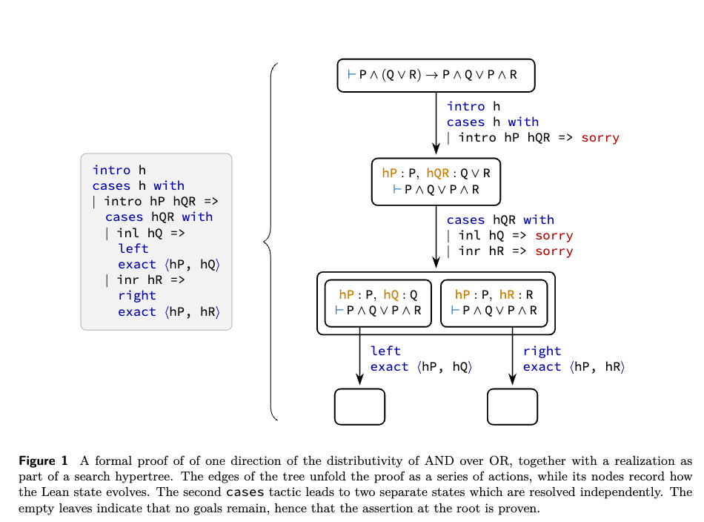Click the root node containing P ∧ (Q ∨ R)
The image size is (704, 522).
436,75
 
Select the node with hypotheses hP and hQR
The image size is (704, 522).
436,182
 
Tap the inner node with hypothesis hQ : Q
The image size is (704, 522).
378,303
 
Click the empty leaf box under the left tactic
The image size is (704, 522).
359,406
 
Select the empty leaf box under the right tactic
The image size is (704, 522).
512,406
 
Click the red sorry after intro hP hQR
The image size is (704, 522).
600,138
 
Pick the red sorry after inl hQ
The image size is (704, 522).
554,236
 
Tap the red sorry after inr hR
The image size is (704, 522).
554,251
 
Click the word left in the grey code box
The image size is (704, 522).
133,249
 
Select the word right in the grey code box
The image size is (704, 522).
137,296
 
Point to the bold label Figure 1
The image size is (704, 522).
43,461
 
